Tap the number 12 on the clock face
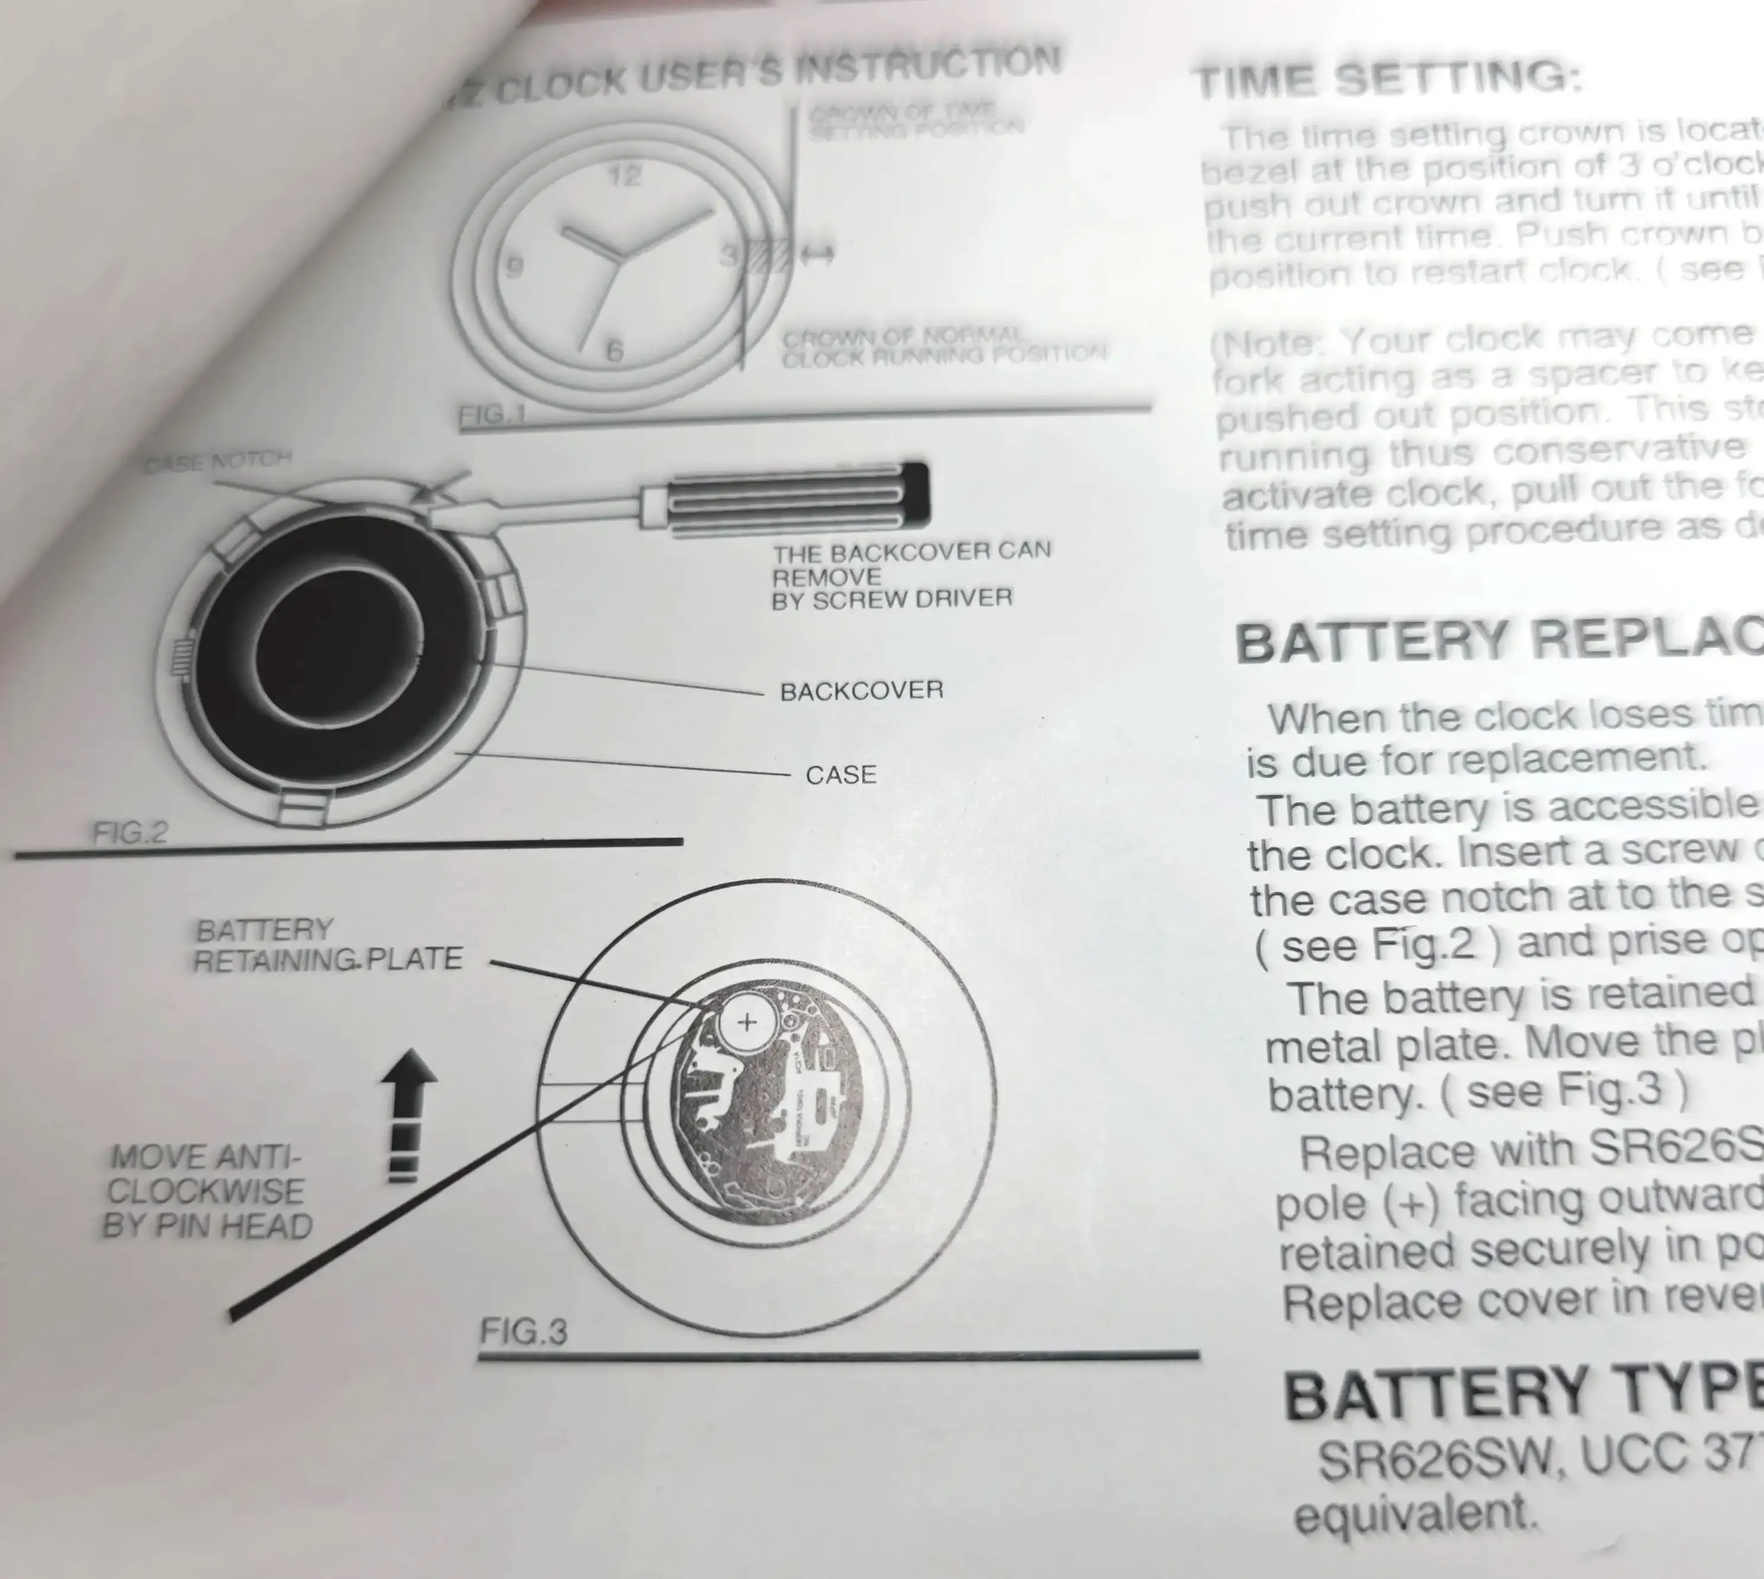click(x=624, y=176)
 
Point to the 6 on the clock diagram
click(x=614, y=350)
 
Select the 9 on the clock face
click(x=514, y=266)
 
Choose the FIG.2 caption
click(x=130, y=833)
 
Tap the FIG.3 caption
click(x=523, y=1330)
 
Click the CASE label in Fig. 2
click(x=841, y=774)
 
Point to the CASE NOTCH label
click(x=218, y=462)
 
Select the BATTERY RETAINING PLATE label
click(x=327, y=945)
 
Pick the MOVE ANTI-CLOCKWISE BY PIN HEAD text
click(x=206, y=1191)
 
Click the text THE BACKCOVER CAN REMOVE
click(x=911, y=563)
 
